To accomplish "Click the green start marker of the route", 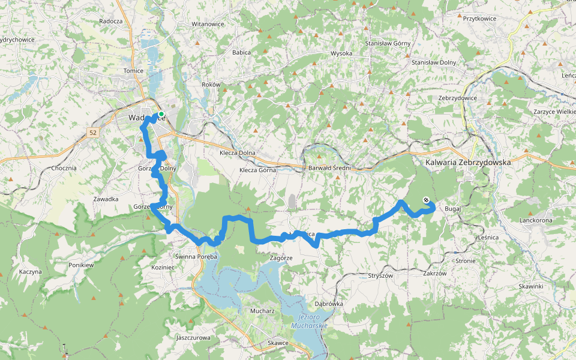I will (x=161, y=114).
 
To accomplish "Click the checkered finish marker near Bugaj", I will (x=426, y=200).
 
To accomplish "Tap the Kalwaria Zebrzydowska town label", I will (x=467, y=162).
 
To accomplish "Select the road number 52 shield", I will (x=92, y=132).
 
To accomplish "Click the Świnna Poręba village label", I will (x=196, y=256).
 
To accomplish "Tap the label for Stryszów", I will (x=379, y=276).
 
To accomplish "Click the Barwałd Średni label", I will (x=329, y=168).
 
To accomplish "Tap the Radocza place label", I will (x=111, y=21).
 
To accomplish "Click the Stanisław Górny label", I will (x=387, y=44).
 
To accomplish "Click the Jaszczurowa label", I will (x=193, y=337).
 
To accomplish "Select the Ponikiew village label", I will (x=82, y=265).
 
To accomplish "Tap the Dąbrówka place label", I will (x=328, y=304).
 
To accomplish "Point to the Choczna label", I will (x=64, y=168).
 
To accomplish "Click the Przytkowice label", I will (x=479, y=19).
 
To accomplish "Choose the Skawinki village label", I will (x=531, y=286).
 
